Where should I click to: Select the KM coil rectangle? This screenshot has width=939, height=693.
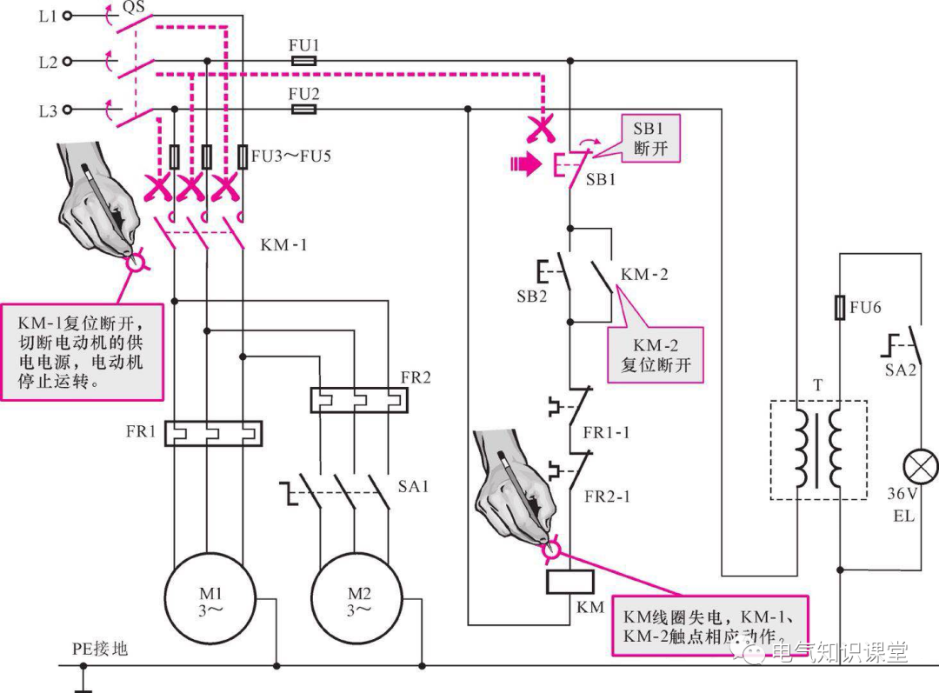click(x=570, y=582)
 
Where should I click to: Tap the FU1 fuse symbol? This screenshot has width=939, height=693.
click(x=303, y=61)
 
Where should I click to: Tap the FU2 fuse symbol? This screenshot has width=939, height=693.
click(x=303, y=109)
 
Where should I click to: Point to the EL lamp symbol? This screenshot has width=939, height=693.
click(x=920, y=467)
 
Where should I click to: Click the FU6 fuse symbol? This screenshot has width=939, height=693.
click(x=840, y=307)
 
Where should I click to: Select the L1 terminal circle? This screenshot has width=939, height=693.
click(x=67, y=16)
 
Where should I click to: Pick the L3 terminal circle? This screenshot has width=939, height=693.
click(x=67, y=110)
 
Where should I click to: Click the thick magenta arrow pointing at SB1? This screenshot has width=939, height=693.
click(x=525, y=163)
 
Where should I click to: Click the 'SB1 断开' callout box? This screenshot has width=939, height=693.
click(x=650, y=138)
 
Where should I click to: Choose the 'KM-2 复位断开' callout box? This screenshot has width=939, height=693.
click(x=656, y=355)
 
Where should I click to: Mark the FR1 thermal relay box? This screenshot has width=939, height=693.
click(x=213, y=433)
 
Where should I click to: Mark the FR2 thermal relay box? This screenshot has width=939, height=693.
click(x=359, y=400)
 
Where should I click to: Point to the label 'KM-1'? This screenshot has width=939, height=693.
click(x=283, y=245)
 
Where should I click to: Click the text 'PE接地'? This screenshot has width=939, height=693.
click(x=100, y=649)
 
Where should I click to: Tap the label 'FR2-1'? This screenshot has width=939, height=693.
click(x=607, y=496)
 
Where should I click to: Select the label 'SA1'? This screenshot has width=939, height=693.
click(x=413, y=486)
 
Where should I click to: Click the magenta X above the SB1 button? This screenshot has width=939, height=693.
click(x=541, y=130)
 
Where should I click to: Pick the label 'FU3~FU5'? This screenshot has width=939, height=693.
click(x=291, y=157)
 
